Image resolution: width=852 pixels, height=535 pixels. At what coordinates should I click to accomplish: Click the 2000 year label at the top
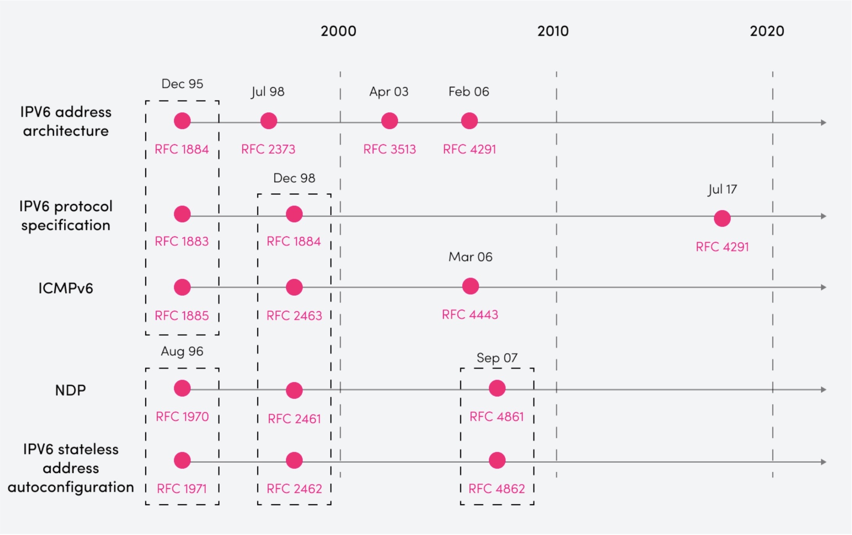tap(338, 31)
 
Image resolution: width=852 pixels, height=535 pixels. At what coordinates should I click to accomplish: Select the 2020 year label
tap(767, 31)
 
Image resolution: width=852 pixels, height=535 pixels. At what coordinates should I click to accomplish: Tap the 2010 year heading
tap(553, 31)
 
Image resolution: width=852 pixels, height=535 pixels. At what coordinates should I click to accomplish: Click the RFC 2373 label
tap(268, 149)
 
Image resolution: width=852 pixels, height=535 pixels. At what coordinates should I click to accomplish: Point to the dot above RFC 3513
tap(389, 121)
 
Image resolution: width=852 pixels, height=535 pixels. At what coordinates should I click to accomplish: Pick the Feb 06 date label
tap(469, 92)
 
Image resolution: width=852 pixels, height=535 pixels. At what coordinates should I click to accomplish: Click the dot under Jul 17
tap(722, 218)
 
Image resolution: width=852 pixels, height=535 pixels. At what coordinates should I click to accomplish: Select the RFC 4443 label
tap(470, 315)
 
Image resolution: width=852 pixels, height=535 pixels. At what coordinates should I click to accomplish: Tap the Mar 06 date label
tap(470, 257)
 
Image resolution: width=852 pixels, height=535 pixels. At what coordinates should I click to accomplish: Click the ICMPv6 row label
tap(66, 289)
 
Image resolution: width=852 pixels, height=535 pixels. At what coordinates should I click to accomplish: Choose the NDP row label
tap(70, 390)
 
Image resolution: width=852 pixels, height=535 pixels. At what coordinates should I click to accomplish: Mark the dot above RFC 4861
tap(497, 388)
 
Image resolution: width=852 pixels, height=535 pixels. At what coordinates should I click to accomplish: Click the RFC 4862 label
tap(497, 489)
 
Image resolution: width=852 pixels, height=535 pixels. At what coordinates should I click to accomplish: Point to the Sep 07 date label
tap(497, 358)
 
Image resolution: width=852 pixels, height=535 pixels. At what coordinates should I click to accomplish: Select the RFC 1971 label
tap(182, 489)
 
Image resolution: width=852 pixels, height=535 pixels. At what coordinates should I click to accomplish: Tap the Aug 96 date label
tap(182, 351)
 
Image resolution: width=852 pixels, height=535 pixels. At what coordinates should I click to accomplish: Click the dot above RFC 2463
tap(294, 287)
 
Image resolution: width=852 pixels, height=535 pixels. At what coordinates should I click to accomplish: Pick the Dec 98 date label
tap(294, 178)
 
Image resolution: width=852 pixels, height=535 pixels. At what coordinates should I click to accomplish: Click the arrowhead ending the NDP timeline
tap(823, 390)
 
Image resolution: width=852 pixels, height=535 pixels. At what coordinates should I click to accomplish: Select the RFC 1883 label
tap(182, 241)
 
